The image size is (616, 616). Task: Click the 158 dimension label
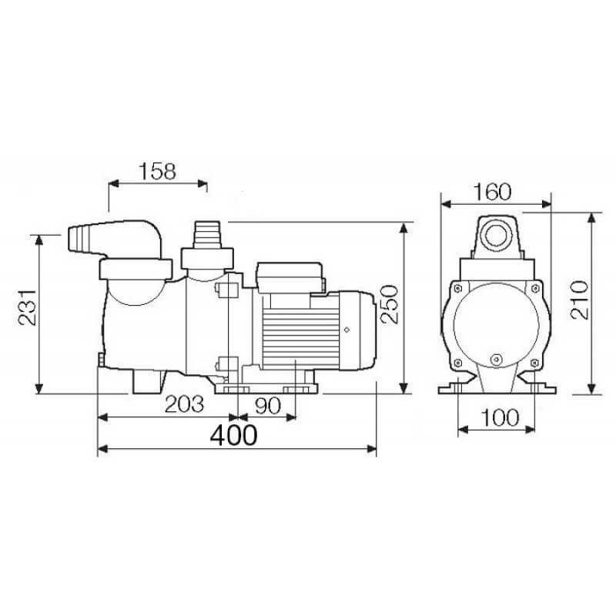tap(158, 172)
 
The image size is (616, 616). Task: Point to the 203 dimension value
tap(184, 404)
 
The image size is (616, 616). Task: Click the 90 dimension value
tap(268, 406)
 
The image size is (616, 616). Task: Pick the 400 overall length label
tap(234, 435)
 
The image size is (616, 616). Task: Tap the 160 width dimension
tap(492, 192)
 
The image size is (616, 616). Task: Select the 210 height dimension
tap(581, 300)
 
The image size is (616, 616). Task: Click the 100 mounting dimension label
tap(500, 417)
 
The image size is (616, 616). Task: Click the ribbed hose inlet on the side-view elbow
tap(82, 238)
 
